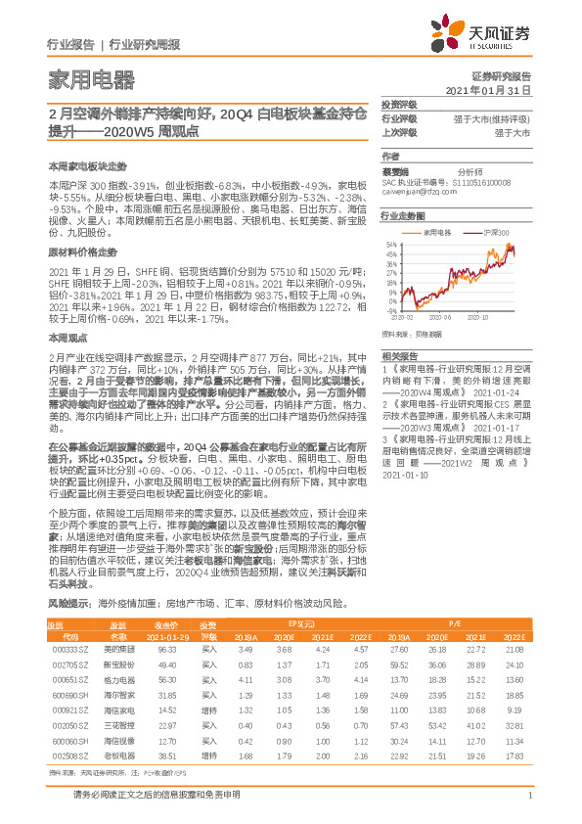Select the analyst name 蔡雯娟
coord(397,169)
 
